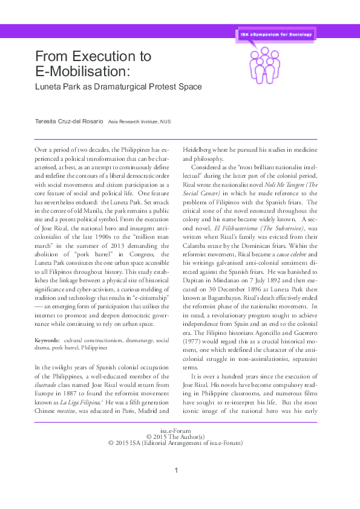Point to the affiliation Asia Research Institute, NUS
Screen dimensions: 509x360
pyautogui.click(x=139, y=122)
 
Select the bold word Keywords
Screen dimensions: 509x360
pyautogui.click(x=47, y=341)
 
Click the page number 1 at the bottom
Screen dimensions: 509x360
pyautogui.click(x=176, y=470)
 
